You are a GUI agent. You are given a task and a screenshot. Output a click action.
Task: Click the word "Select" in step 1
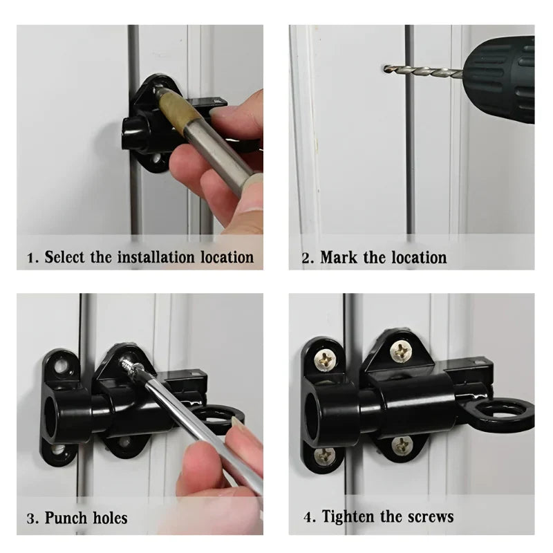pyautogui.click(x=64, y=256)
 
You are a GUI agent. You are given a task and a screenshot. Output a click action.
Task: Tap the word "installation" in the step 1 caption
pyautogui.click(x=156, y=256)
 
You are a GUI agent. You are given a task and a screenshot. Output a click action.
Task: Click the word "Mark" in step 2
pyautogui.click(x=338, y=257)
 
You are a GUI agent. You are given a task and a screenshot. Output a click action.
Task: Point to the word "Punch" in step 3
pyautogui.click(x=66, y=518)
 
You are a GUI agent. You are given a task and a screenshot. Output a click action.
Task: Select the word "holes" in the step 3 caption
pyautogui.click(x=110, y=518)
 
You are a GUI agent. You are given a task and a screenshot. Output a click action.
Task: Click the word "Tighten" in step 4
pyautogui.click(x=348, y=516)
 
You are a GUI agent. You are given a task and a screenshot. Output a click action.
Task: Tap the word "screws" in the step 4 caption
pyautogui.click(x=430, y=517)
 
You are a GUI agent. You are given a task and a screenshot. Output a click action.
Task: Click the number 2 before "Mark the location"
pyautogui.click(x=306, y=258)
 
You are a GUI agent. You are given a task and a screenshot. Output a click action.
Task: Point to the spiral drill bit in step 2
pyautogui.click(x=423, y=71)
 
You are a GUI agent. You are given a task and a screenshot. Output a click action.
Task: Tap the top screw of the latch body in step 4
pyautogui.click(x=401, y=352)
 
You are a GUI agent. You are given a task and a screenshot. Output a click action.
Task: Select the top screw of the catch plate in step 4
pyautogui.click(x=324, y=360)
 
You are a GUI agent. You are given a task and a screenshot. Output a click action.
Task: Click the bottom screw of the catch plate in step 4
pyautogui.click(x=324, y=456)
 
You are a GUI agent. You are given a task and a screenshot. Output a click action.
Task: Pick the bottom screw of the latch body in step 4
pyautogui.click(x=402, y=444)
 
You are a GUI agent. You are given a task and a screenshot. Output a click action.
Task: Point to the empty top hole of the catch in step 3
pyautogui.click(x=62, y=366)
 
